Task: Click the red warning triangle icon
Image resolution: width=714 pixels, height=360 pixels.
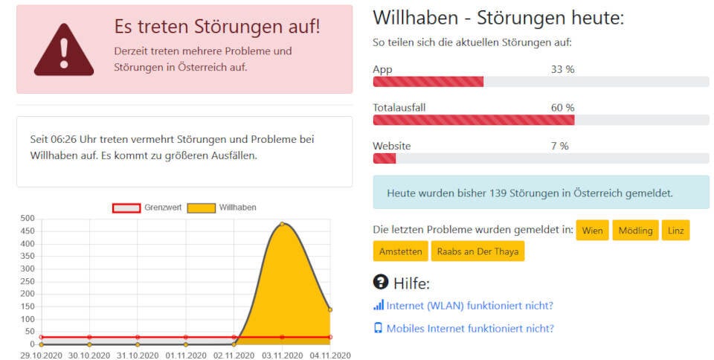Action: (x=64, y=51)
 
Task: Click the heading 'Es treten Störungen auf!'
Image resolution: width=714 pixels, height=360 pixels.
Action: (x=216, y=26)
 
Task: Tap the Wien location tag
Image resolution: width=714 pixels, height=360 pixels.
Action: (x=592, y=231)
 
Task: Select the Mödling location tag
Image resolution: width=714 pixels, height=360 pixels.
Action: (x=635, y=231)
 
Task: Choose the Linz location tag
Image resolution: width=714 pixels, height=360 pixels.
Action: (x=675, y=231)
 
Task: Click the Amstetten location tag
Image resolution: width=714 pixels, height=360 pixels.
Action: (x=400, y=251)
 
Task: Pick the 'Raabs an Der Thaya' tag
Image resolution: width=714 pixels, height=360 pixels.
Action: (x=477, y=251)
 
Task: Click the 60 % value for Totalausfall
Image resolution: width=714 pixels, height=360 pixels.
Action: (x=562, y=108)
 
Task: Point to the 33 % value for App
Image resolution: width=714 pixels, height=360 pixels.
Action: (x=562, y=69)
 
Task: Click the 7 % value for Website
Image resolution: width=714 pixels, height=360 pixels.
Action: (x=559, y=147)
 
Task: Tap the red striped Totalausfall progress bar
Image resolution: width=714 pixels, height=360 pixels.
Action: (x=473, y=120)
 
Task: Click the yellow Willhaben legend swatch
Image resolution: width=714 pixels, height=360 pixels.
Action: (x=201, y=208)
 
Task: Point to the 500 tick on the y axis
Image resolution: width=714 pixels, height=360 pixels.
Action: (x=27, y=219)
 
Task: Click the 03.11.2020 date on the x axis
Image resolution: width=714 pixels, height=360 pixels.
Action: (x=282, y=356)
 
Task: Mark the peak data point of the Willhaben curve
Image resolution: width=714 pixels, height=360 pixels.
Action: (x=282, y=224)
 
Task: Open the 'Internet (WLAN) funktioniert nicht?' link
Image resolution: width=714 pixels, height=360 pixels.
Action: (x=469, y=305)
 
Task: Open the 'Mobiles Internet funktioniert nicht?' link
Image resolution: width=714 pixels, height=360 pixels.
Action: (x=470, y=328)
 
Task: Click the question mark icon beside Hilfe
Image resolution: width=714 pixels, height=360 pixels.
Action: (x=380, y=283)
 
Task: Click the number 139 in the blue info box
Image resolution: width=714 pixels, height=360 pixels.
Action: (x=498, y=193)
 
